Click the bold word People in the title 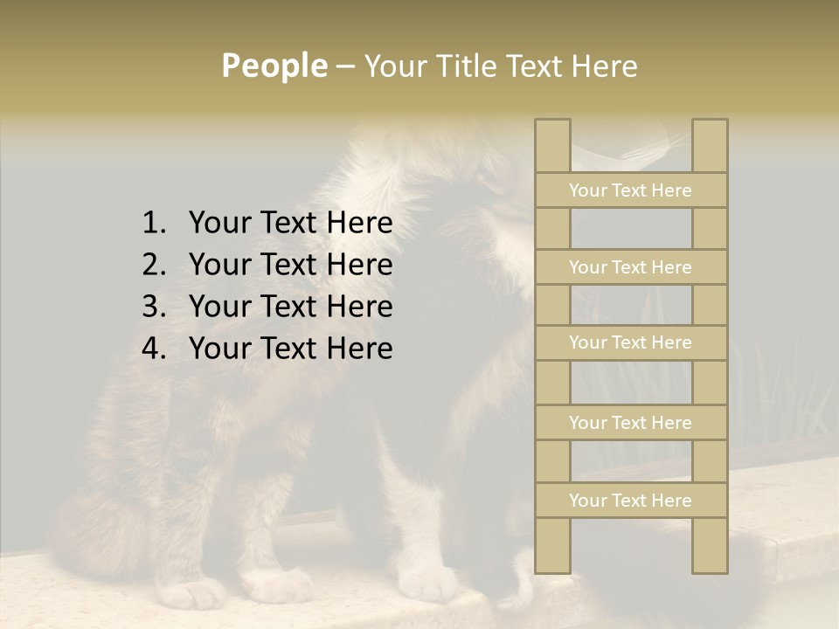click(274, 66)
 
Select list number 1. click(153, 224)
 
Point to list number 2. click(153, 265)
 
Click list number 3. click(153, 307)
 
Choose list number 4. click(153, 349)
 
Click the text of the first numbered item click(290, 224)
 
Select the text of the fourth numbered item click(290, 349)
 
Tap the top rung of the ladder click(630, 190)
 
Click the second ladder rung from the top click(630, 267)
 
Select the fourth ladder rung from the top click(630, 423)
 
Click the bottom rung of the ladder click(630, 501)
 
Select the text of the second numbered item click(290, 265)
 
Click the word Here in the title click(604, 66)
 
